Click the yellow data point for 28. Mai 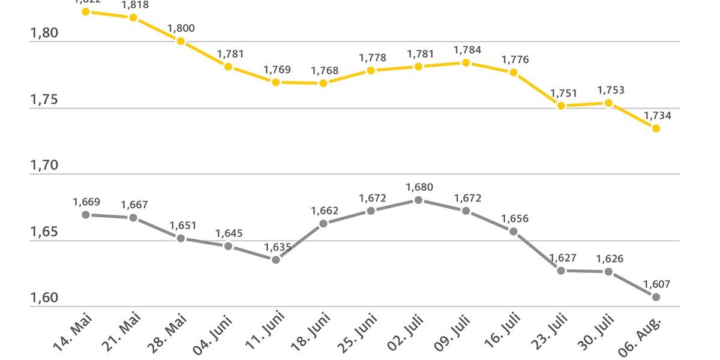pos(181,41)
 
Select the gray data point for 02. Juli pos(419,200)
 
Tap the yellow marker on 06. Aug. pos(656,128)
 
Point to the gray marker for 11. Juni pos(276,260)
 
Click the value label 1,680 pos(419,187)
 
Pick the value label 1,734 pos(657,116)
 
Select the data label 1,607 pos(657,284)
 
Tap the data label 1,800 pos(181,28)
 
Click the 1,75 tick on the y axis pos(44,100)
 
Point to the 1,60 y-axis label pos(44,298)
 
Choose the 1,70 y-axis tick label pos(44,166)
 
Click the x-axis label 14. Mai pos(73,335)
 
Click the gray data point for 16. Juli pos(514,232)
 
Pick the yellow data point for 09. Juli pos(466,62)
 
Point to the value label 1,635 pos(277,247)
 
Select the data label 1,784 pos(467,50)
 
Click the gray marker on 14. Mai pos(86,214)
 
